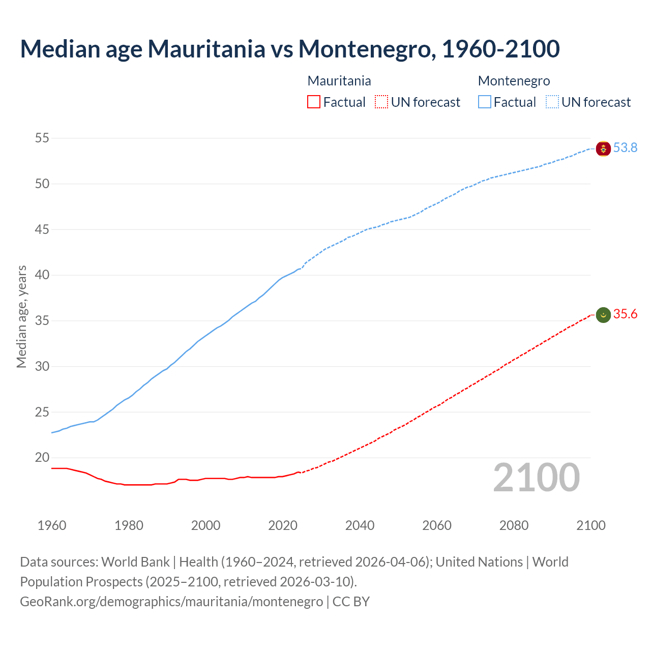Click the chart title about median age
(290, 49)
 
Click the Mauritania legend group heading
(339, 81)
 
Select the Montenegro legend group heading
(514, 81)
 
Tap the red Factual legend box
(314, 102)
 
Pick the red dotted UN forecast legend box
(381, 102)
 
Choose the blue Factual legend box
(485, 102)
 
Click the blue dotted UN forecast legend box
(552, 102)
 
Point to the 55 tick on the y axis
(42, 138)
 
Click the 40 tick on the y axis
(42, 275)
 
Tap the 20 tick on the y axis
(42, 458)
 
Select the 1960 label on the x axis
(52, 525)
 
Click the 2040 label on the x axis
(360, 525)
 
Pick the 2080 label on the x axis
(514, 525)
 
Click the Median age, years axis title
(21, 316)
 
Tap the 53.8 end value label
(625, 148)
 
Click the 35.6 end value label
(625, 314)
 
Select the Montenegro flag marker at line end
(603, 149)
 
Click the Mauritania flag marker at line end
(603, 315)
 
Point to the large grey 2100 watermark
(536, 478)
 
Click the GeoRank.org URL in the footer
(171, 602)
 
